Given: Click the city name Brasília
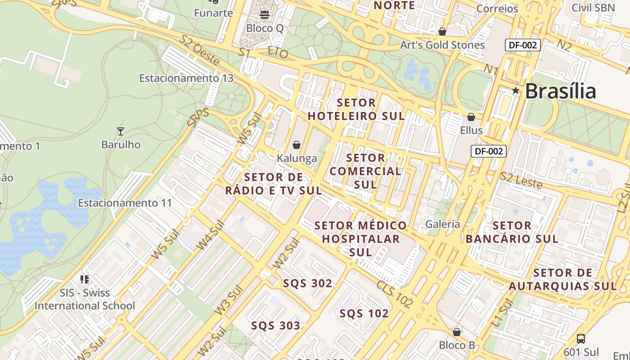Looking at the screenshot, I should tap(560, 91).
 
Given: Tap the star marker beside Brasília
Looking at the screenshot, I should tap(516, 91).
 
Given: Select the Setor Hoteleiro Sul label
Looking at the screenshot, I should tap(356, 109).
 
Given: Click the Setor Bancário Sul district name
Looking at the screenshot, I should tap(512, 232).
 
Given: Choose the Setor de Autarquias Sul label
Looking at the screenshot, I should tap(562, 279).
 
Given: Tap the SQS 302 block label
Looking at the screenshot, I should tap(308, 283).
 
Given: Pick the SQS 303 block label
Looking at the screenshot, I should tap(276, 326).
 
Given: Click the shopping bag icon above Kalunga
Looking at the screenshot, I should tap(297, 145).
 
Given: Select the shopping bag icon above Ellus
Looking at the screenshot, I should tap(471, 117).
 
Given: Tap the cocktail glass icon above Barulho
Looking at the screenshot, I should tap(120, 131).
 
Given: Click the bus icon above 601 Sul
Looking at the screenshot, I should tap(581, 338).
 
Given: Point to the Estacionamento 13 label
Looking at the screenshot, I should tap(186, 78).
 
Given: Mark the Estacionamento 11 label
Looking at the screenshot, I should tap(125, 203).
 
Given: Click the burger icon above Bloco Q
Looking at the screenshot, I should tap(265, 15).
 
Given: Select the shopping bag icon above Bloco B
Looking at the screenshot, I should tap(457, 332).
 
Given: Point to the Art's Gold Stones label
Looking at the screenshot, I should tap(442, 45).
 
